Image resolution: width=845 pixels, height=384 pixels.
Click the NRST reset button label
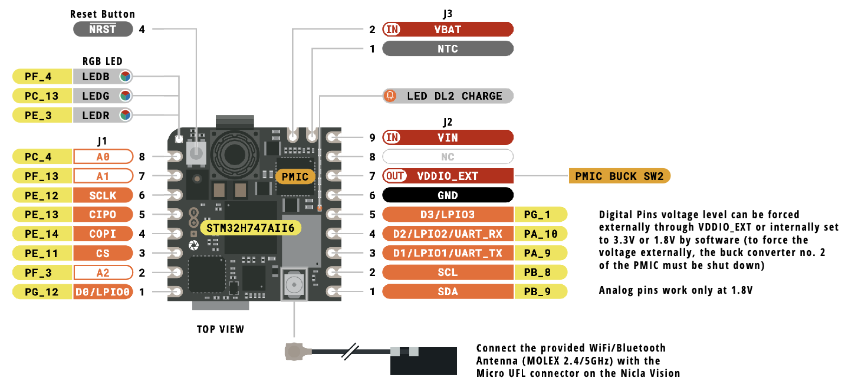coord(103,29)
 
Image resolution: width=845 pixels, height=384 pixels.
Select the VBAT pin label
coord(448,29)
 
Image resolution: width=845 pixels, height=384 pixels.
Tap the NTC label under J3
coord(448,48)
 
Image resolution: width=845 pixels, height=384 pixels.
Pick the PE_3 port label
coord(42,115)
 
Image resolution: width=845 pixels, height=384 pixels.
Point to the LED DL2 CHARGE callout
coord(448,96)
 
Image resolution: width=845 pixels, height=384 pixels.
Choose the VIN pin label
coord(448,137)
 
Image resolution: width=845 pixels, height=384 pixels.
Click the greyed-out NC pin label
coord(448,156)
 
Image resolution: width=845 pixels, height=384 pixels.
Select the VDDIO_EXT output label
coord(448,176)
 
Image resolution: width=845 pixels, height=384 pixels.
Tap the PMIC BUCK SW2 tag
coord(619,176)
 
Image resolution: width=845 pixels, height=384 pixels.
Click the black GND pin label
coord(448,195)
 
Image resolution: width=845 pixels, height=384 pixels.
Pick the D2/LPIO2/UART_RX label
coord(448,234)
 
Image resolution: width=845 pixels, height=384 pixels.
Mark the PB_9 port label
coord(541,291)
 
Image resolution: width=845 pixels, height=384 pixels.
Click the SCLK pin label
coord(103,195)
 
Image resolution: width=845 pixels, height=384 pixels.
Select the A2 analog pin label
coord(103,273)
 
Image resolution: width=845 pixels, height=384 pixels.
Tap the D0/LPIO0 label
coord(103,291)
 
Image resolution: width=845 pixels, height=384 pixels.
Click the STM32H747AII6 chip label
coord(251,228)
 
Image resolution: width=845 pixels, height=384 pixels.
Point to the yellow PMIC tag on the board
coord(295,176)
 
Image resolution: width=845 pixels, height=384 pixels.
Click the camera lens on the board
coord(235,154)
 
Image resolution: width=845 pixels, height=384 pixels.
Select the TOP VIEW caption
coord(221,329)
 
